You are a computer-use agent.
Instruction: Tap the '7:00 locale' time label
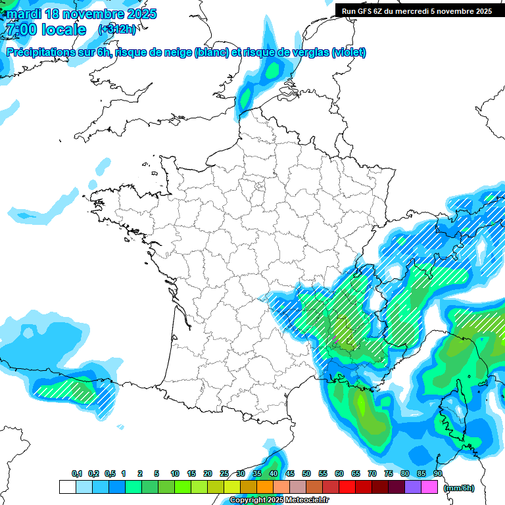click(45, 30)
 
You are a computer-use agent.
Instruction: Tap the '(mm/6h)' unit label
click(458, 487)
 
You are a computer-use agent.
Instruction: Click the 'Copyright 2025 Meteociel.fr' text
click(279, 500)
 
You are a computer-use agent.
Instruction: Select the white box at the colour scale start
click(67, 487)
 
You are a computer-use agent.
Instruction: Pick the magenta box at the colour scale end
click(429, 487)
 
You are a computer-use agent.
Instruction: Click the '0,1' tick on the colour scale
click(76, 474)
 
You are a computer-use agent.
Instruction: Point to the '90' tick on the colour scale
click(438, 474)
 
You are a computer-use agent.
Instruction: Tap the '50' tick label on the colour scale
click(306, 474)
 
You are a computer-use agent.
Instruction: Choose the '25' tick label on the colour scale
click(224, 474)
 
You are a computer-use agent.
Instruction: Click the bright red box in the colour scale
click(347, 487)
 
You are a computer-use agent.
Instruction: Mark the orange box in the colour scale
click(265, 487)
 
